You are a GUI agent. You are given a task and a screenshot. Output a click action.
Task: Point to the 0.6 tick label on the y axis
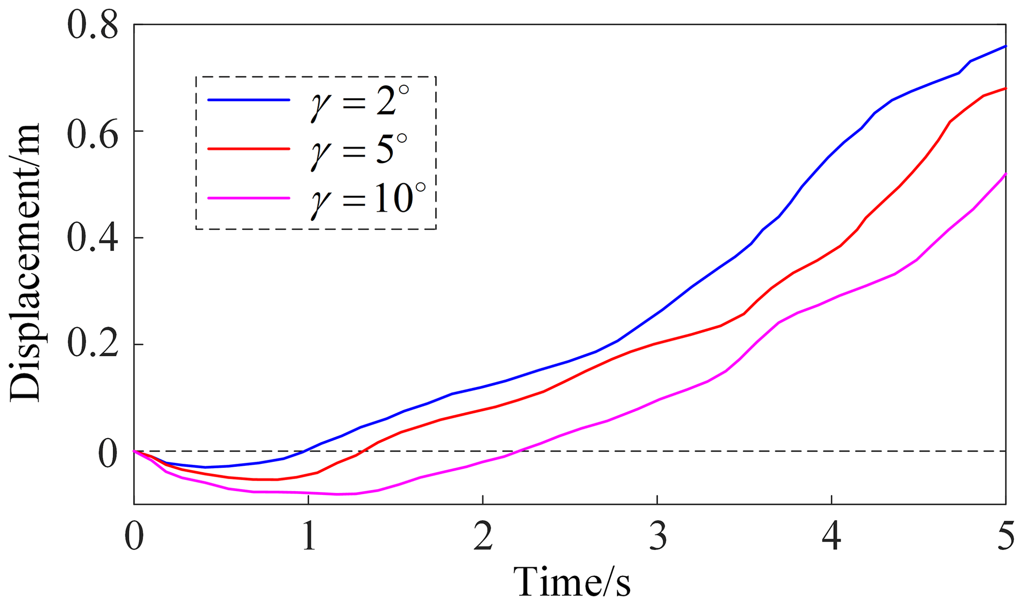pyautogui.click(x=93, y=132)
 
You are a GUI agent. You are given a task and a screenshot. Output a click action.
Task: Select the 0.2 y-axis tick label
pyautogui.click(x=93, y=345)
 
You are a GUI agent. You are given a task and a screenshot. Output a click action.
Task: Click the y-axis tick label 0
pyautogui.click(x=108, y=454)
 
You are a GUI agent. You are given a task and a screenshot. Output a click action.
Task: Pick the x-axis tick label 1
pyautogui.click(x=309, y=536)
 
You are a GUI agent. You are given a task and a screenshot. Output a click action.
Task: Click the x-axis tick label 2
pyautogui.click(x=483, y=536)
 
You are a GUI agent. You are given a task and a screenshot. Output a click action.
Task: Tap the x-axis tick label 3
pyautogui.click(x=657, y=536)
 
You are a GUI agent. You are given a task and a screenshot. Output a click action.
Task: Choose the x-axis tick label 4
pyautogui.click(x=831, y=536)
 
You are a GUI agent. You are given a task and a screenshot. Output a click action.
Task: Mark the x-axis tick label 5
pyautogui.click(x=1005, y=536)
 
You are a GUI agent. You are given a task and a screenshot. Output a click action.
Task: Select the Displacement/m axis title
pyautogui.click(x=25, y=263)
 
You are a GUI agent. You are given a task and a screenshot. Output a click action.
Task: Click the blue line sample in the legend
pyautogui.click(x=248, y=100)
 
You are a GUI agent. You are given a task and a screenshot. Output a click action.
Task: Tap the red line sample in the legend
pyautogui.click(x=248, y=149)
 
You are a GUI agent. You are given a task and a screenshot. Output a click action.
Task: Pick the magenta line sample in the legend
pyautogui.click(x=248, y=198)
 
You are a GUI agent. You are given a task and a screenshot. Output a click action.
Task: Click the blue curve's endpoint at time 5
pyautogui.click(x=1005, y=46)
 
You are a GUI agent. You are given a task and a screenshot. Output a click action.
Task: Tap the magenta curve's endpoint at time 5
pyautogui.click(x=1005, y=174)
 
